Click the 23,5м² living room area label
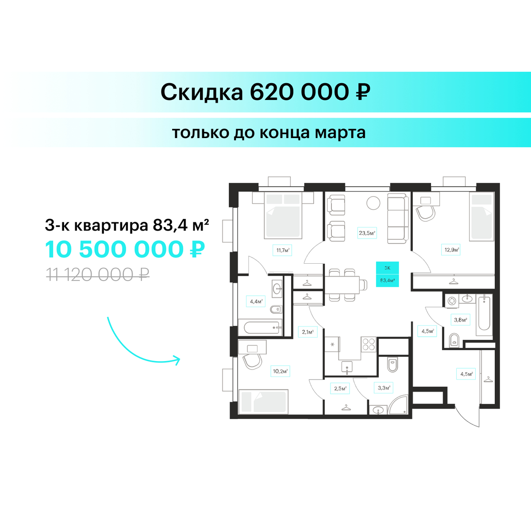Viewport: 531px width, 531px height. click(367, 233)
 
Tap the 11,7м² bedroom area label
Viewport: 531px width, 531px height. click(282, 250)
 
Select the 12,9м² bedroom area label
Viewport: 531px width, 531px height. click(451, 250)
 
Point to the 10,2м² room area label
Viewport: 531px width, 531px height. click(280, 371)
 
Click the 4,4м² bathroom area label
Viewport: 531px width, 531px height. click(256, 301)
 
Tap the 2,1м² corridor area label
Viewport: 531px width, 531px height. click(308, 332)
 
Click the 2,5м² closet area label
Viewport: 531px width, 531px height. click(340, 388)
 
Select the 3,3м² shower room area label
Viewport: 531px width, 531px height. click(384, 388)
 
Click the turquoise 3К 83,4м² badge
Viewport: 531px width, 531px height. click(388, 274)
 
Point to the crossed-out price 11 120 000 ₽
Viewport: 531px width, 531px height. click(97, 275)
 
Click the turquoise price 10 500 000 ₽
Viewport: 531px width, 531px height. click(125, 250)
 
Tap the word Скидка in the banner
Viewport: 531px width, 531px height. click(202, 92)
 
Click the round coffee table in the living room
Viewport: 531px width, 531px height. click(373, 203)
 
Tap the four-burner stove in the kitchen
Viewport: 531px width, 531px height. click(369, 344)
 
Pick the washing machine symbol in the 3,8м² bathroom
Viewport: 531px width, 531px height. click(452, 301)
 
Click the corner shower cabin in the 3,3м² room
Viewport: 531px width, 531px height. click(398, 405)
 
